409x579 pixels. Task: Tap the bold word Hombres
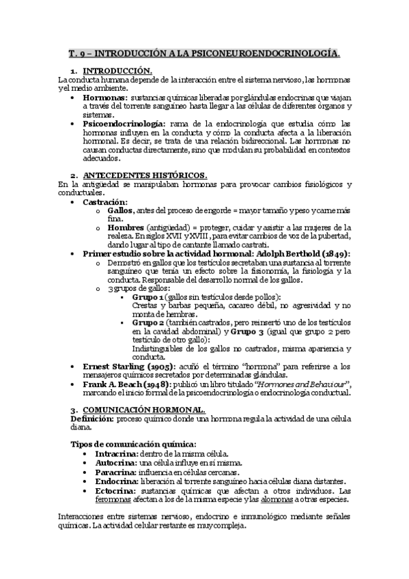(126, 227)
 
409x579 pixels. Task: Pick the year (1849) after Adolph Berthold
(333, 253)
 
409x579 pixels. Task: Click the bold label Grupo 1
(147, 297)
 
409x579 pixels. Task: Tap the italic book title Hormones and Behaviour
(303, 384)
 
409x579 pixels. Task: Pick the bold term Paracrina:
(105, 471)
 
